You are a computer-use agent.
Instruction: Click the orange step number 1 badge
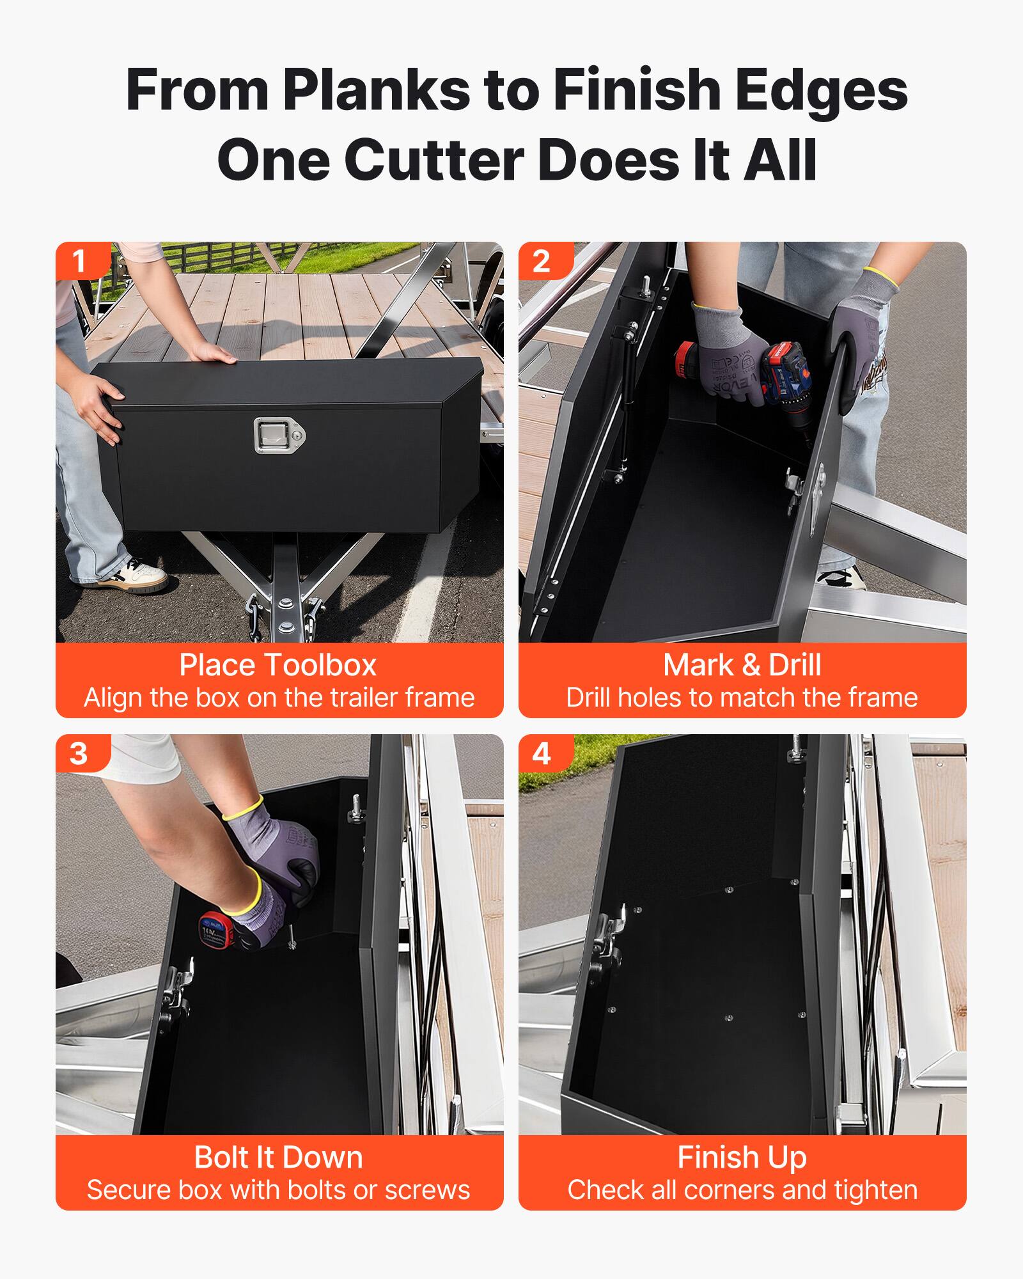[x=78, y=261]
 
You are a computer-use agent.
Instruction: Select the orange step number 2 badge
[x=541, y=261]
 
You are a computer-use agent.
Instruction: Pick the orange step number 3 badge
[x=78, y=753]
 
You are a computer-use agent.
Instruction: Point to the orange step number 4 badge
[x=541, y=753]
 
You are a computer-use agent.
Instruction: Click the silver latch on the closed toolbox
[x=279, y=435]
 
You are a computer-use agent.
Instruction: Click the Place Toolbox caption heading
[x=278, y=665]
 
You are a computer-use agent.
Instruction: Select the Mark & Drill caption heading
[x=742, y=665]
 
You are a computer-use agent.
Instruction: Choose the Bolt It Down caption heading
[x=278, y=1157]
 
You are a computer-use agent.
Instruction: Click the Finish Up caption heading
[x=742, y=1157]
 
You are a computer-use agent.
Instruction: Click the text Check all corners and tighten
[x=742, y=1191]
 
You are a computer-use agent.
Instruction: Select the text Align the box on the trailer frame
[x=279, y=698]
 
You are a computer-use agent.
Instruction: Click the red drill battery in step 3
[x=215, y=930]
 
